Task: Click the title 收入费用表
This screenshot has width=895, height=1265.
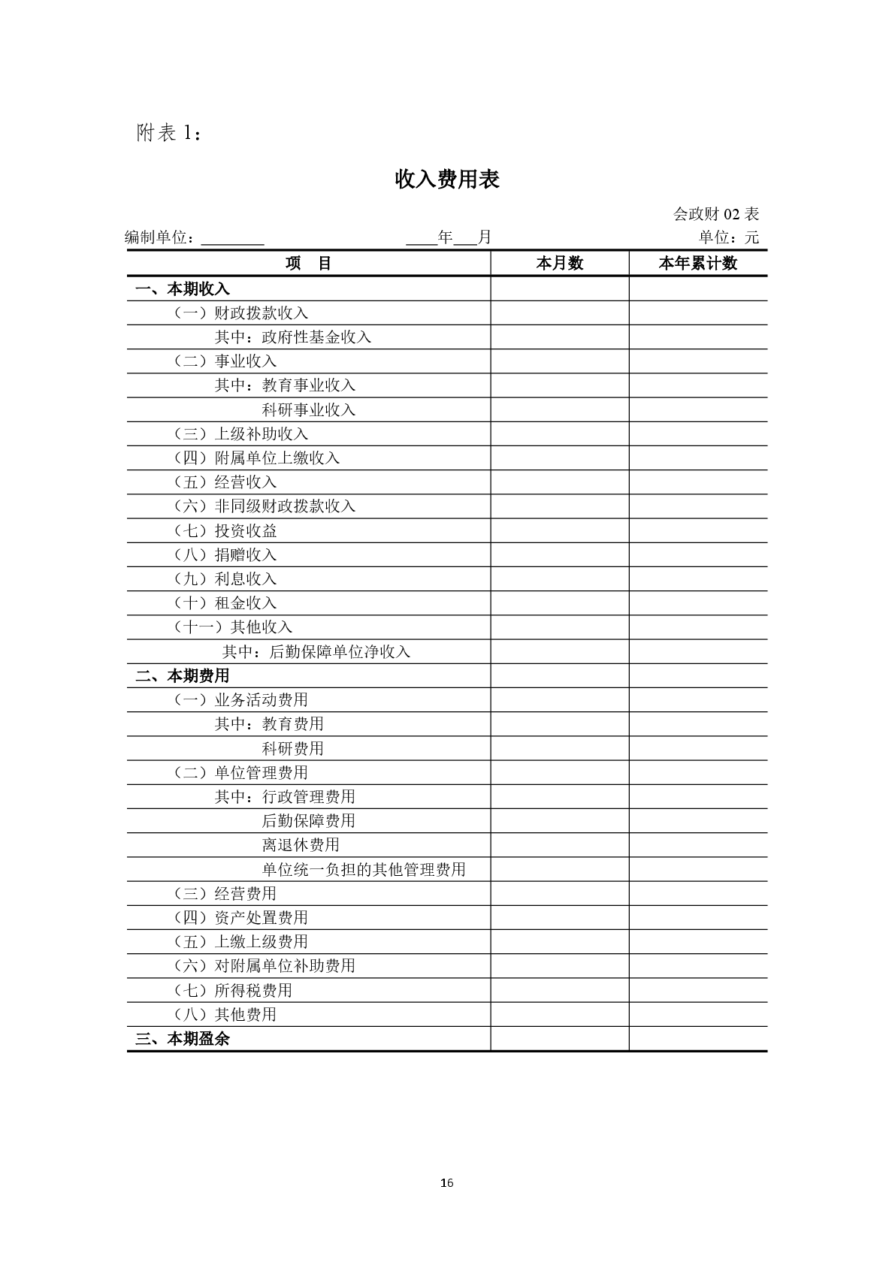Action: pyautogui.click(x=447, y=180)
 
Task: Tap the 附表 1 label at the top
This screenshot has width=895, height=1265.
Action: pyautogui.click(x=169, y=133)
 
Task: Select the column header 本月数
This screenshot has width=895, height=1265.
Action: pyautogui.click(x=559, y=264)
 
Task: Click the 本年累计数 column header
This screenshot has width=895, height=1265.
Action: pyautogui.click(x=697, y=264)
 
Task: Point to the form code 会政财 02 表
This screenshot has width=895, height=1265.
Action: pyautogui.click(x=715, y=214)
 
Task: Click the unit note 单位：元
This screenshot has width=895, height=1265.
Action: pyautogui.click(x=729, y=237)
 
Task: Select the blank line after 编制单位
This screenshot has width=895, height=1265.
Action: pyautogui.click(x=232, y=240)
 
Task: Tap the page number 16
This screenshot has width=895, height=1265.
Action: pyautogui.click(x=447, y=1183)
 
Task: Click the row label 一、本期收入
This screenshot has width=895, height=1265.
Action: pyautogui.click(x=183, y=289)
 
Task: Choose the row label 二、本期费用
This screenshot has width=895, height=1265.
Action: pyautogui.click(x=183, y=676)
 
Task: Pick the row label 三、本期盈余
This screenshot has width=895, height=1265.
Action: pyautogui.click(x=183, y=1039)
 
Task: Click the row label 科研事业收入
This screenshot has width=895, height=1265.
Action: pyautogui.click(x=308, y=410)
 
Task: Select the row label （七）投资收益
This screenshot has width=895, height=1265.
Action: pyautogui.click(x=225, y=531)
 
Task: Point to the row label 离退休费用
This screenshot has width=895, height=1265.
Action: pyautogui.click(x=301, y=845)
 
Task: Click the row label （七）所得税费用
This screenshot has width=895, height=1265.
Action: pyautogui.click(x=233, y=991)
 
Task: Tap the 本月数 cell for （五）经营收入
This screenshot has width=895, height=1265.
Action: pyautogui.click(x=559, y=482)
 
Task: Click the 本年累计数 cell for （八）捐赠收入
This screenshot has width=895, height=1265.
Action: pyautogui.click(x=697, y=555)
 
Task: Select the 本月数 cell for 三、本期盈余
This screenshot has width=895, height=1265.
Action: pyautogui.click(x=559, y=1039)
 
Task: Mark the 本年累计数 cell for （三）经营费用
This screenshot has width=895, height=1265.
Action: pyautogui.click(x=697, y=894)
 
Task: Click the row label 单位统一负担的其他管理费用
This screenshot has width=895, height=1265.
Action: pyautogui.click(x=364, y=870)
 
